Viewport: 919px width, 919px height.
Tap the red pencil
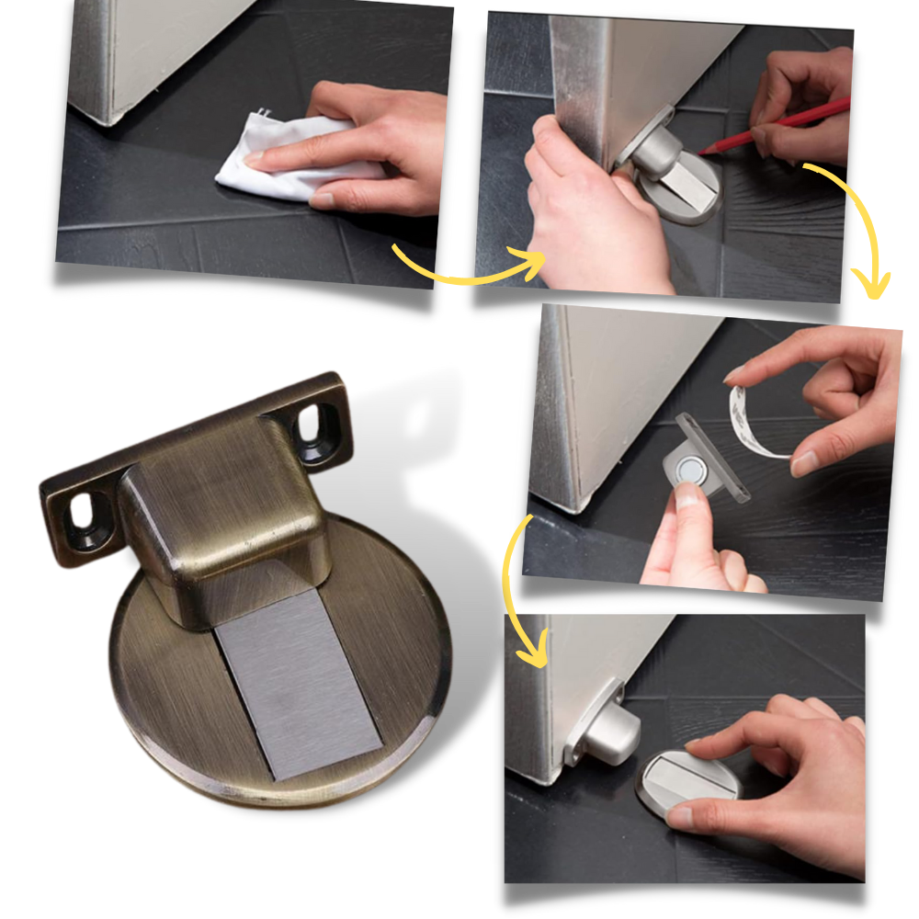click(781, 126)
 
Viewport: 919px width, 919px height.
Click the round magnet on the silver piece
click(689, 471)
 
